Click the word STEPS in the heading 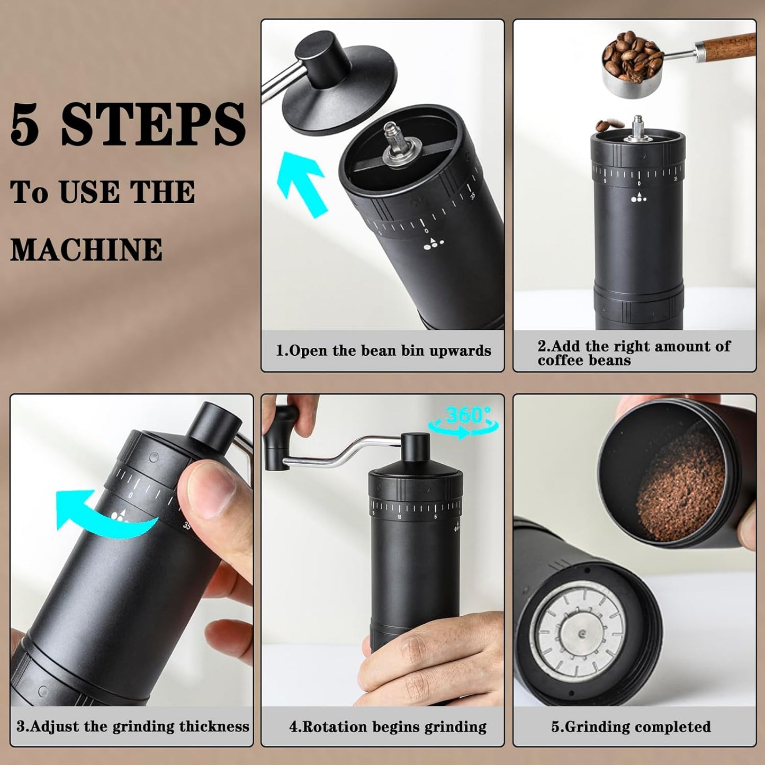coord(153,125)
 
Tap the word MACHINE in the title coord(86,249)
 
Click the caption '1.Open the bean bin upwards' coord(383,350)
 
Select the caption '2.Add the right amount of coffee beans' coord(634,353)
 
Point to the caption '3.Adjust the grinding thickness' coord(132,726)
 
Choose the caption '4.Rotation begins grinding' coord(388,726)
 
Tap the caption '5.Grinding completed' coord(631,726)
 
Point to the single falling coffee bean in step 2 coord(604,125)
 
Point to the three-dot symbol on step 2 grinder coord(638,198)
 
